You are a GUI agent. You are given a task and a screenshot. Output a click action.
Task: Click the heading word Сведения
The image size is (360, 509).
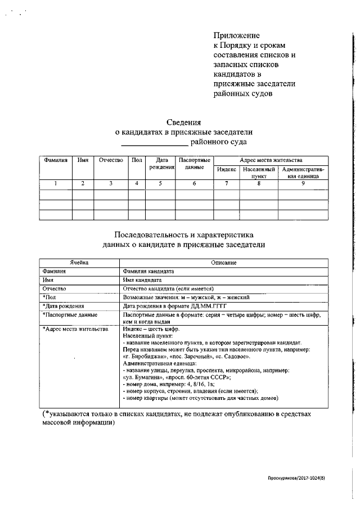184,122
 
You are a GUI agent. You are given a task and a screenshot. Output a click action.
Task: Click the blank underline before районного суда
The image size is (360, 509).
155,144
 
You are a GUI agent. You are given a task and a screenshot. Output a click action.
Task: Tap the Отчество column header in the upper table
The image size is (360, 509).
111,160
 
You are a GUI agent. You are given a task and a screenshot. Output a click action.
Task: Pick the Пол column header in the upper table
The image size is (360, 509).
137,160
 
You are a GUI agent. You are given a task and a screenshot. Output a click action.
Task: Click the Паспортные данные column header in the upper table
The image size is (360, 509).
194,164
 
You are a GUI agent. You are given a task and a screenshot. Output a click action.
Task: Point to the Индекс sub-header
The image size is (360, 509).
226,169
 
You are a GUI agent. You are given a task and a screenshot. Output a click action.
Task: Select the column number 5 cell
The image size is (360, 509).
161,183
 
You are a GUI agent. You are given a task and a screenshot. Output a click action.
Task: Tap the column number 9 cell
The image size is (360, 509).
303,183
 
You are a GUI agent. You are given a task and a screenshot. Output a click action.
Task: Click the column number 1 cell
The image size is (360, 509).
55,183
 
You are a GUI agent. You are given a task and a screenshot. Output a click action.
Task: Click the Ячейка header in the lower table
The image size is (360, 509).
79,263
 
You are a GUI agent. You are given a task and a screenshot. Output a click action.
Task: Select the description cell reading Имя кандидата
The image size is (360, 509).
142,280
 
